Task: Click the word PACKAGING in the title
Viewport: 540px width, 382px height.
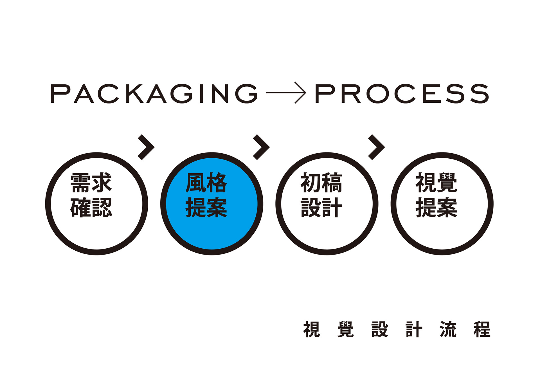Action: [154, 93]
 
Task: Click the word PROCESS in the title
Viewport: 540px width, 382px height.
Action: [402, 93]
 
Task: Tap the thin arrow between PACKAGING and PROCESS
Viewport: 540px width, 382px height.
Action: [286, 93]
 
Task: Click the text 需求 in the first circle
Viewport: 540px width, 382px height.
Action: [91, 183]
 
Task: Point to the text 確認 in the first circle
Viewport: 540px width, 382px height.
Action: [91, 208]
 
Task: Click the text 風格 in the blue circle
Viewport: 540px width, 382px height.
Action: [206, 183]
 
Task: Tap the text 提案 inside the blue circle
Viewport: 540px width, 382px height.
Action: [206, 208]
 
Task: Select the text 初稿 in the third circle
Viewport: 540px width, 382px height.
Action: [321, 183]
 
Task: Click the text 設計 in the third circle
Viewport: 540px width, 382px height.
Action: [321, 208]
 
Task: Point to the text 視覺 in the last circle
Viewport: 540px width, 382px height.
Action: [436, 183]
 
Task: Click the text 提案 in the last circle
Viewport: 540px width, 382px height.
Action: [436, 208]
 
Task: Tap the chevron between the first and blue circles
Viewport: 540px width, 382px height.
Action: [147, 147]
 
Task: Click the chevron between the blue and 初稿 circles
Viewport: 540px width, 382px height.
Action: [262, 147]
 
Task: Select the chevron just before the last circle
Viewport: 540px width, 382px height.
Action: [377, 147]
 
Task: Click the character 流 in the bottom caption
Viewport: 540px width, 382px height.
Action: [448, 329]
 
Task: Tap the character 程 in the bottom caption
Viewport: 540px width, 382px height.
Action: [482, 329]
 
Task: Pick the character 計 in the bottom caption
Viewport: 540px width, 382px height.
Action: [414, 329]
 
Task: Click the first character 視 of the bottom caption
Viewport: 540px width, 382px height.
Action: [312, 329]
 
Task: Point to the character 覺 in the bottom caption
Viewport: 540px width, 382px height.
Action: [346, 329]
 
